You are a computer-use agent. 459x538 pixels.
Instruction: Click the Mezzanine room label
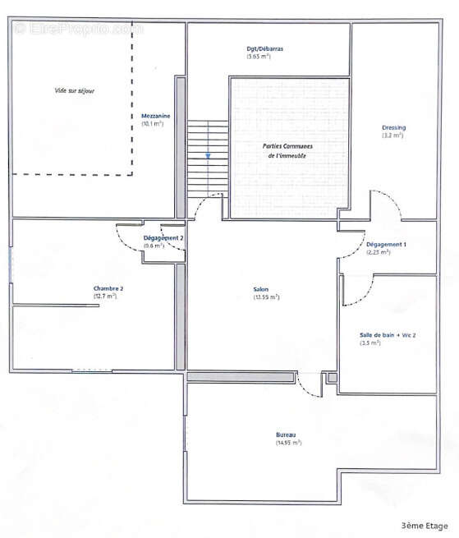(x=154, y=117)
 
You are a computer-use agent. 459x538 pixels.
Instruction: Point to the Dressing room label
(x=393, y=127)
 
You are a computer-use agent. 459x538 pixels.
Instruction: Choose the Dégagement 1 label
(x=386, y=245)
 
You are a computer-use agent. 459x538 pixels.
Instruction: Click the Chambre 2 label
(x=108, y=289)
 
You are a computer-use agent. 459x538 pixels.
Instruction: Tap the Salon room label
(x=262, y=289)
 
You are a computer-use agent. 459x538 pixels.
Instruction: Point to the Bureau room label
(x=286, y=435)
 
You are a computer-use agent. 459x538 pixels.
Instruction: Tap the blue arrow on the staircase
(x=209, y=154)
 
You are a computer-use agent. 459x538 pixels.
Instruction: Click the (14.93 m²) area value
(x=288, y=444)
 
